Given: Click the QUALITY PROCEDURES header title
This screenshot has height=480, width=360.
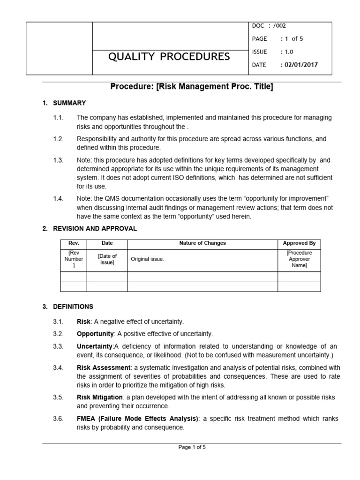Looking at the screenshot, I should pyautogui.click(x=169, y=57).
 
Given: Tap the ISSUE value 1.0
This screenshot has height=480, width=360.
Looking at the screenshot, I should pyautogui.click(x=287, y=52).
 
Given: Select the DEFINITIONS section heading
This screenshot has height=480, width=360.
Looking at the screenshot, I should pyautogui.click(x=73, y=307).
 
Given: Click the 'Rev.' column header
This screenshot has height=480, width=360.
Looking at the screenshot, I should pyautogui.click(x=74, y=243).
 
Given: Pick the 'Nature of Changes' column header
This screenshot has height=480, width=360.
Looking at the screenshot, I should pyautogui.click(x=202, y=243).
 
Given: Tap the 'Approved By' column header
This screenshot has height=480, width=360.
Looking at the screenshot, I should pyautogui.click(x=299, y=243).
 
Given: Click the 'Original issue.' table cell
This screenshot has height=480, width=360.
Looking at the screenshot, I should pyautogui.click(x=147, y=259).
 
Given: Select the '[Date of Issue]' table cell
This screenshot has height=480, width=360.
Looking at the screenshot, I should pyautogui.click(x=107, y=259).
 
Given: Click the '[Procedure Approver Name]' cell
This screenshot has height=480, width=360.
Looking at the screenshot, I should pyautogui.click(x=299, y=259).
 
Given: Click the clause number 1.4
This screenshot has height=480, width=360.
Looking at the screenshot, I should pyautogui.click(x=58, y=199).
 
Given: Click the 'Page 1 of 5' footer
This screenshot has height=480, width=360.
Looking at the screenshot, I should pyautogui.click(x=192, y=447).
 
